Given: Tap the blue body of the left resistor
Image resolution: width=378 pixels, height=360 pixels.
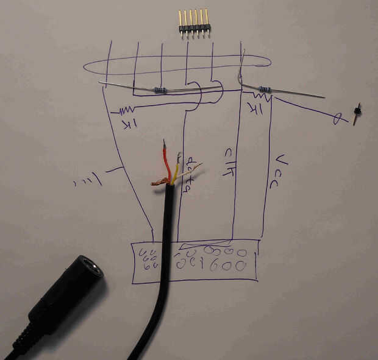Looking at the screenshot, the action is tap(160, 91).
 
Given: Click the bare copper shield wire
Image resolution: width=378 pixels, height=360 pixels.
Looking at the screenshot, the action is tap(160, 181).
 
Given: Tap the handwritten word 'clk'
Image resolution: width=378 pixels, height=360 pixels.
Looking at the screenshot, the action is tap(229, 161).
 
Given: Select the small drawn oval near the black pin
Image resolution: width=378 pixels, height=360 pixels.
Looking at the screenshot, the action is tap(336, 119).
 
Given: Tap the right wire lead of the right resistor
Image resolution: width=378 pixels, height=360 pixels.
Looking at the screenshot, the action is tap(299, 93).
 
